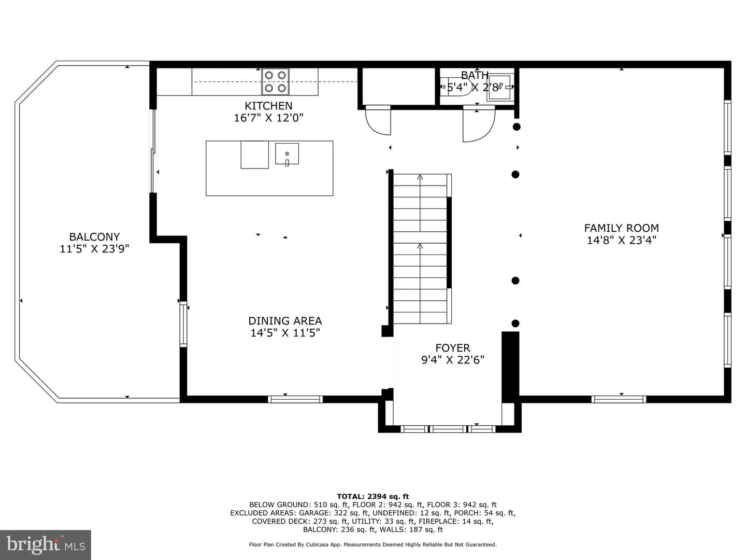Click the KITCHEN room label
click(268, 106)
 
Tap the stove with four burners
click(275, 81)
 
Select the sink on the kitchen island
click(286, 154)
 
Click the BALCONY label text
click(94, 237)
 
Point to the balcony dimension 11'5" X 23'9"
click(94, 249)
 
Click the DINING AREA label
click(285, 321)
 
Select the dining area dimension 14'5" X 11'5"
click(285, 333)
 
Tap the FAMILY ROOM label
click(621, 228)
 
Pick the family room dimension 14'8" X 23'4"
click(621, 240)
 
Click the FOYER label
click(452, 348)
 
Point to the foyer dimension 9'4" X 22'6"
click(452, 360)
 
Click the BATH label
click(475, 76)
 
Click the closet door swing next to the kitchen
click(377, 122)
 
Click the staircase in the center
click(420, 249)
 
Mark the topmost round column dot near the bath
click(517, 127)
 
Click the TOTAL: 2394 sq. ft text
click(372, 496)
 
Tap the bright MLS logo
click(46, 544)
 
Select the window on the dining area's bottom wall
click(295, 399)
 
